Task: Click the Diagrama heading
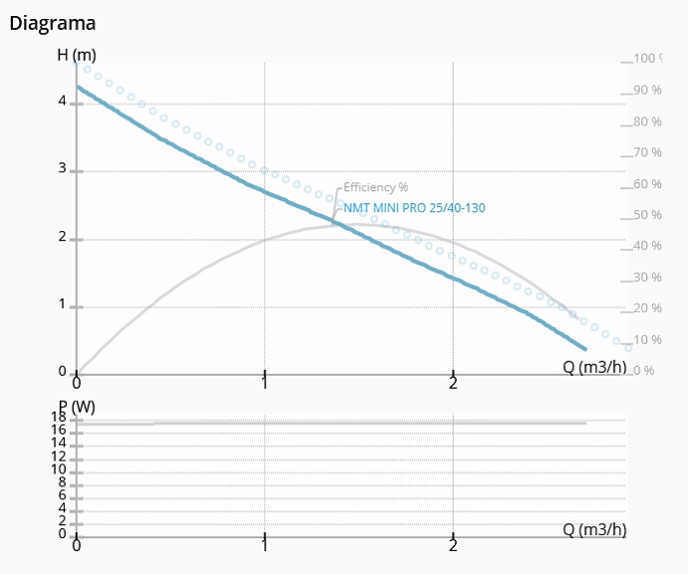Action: pyautogui.click(x=53, y=22)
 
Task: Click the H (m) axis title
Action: pyautogui.click(x=76, y=55)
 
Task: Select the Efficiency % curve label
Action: pyautogui.click(x=376, y=186)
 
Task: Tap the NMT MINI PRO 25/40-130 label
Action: pyautogui.click(x=414, y=208)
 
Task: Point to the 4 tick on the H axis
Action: pyautogui.click(x=62, y=101)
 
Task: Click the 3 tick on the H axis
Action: pyautogui.click(x=62, y=168)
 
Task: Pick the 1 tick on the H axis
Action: pyautogui.click(x=62, y=304)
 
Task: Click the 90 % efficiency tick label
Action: pyautogui.click(x=647, y=91)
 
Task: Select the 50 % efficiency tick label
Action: pyautogui.click(x=647, y=215)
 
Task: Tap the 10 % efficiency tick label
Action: pyautogui.click(x=647, y=340)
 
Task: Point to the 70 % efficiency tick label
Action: pyautogui.click(x=647, y=152)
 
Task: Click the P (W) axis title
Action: pyautogui.click(x=76, y=407)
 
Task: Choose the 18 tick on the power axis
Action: pyautogui.click(x=59, y=418)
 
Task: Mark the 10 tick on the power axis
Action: pyautogui.click(x=59, y=469)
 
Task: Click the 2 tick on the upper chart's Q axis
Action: pyautogui.click(x=453, y=384)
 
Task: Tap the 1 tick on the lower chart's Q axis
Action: pyautogui.click(x=264, y=545)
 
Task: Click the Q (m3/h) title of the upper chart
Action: pyautogui.click(x=594, y=366)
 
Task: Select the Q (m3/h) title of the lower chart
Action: pyautogui.click(x=594, y=529)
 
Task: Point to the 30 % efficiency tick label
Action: pyautogui.click(x=647, y=277)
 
